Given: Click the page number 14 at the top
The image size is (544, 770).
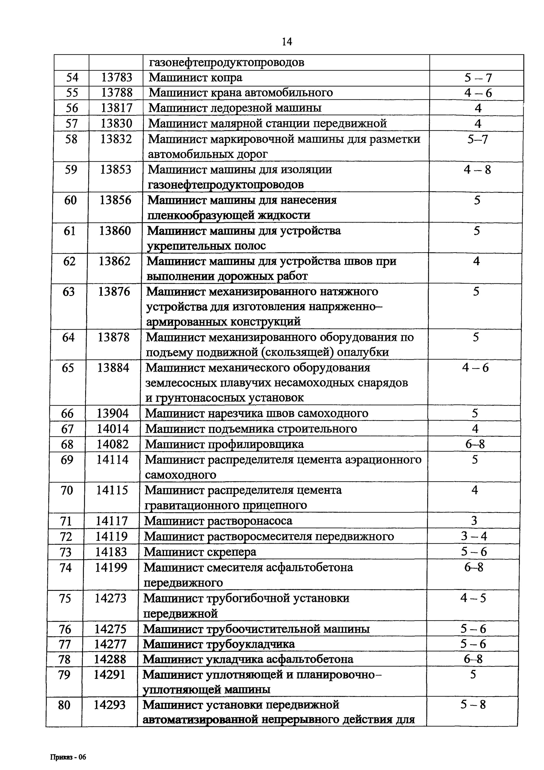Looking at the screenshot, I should click(x=287, y=42).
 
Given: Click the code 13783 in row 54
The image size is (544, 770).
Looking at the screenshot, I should click(x=117, y=78).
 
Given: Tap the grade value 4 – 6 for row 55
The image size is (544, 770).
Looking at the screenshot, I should click(x=478, y=93).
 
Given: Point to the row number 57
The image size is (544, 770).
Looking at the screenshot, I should click(x=71, y=123).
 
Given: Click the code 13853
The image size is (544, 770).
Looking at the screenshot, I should click(x=116, y=169).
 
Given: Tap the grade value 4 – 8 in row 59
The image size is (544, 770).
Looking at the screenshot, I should click(x=477, y=170).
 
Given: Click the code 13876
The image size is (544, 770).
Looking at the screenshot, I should click(x=114, y=291).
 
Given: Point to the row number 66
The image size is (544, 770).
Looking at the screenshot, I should click(x=67, y=413).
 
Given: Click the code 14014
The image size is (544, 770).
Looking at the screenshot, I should click(x=113, y=429).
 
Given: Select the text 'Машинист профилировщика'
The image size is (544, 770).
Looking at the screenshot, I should click(x=224, y=444).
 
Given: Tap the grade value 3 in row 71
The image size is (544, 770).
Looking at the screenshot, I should click(x=474, y=521).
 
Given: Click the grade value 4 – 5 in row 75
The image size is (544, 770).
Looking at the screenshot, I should click(x=473, y=598).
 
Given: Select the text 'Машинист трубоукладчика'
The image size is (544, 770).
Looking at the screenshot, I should click(x=219, y=644).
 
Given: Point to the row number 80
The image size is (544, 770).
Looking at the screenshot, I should click(x=64, y=705).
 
